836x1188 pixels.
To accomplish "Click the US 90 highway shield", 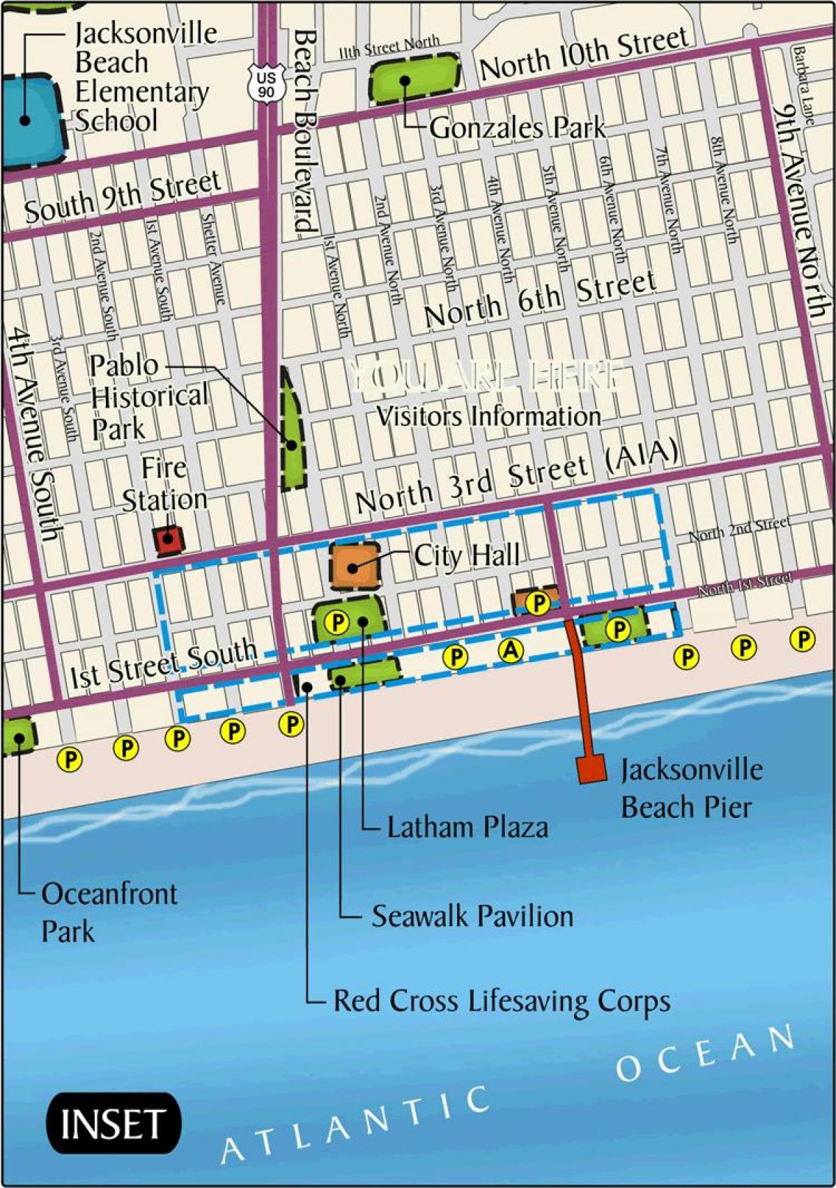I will [x=265, y=83].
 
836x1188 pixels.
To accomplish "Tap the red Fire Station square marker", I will [x=168, y=539].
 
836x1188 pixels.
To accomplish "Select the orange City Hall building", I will [x=355, y=566].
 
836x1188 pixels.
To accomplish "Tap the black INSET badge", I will [x=113, y=1123].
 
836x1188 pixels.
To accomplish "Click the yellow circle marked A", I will [x=511, y=651].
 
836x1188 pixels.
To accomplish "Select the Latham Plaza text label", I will [x=467, y=827].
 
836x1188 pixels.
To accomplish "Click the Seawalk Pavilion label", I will [x=472, y=916].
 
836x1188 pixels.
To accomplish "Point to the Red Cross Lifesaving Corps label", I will [x=502, y=1001].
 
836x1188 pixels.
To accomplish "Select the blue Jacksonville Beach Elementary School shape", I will [x=28, y=120].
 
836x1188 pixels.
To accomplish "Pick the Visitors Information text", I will [x=488, y=416].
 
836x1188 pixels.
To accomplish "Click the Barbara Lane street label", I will [x=803, y=85].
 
